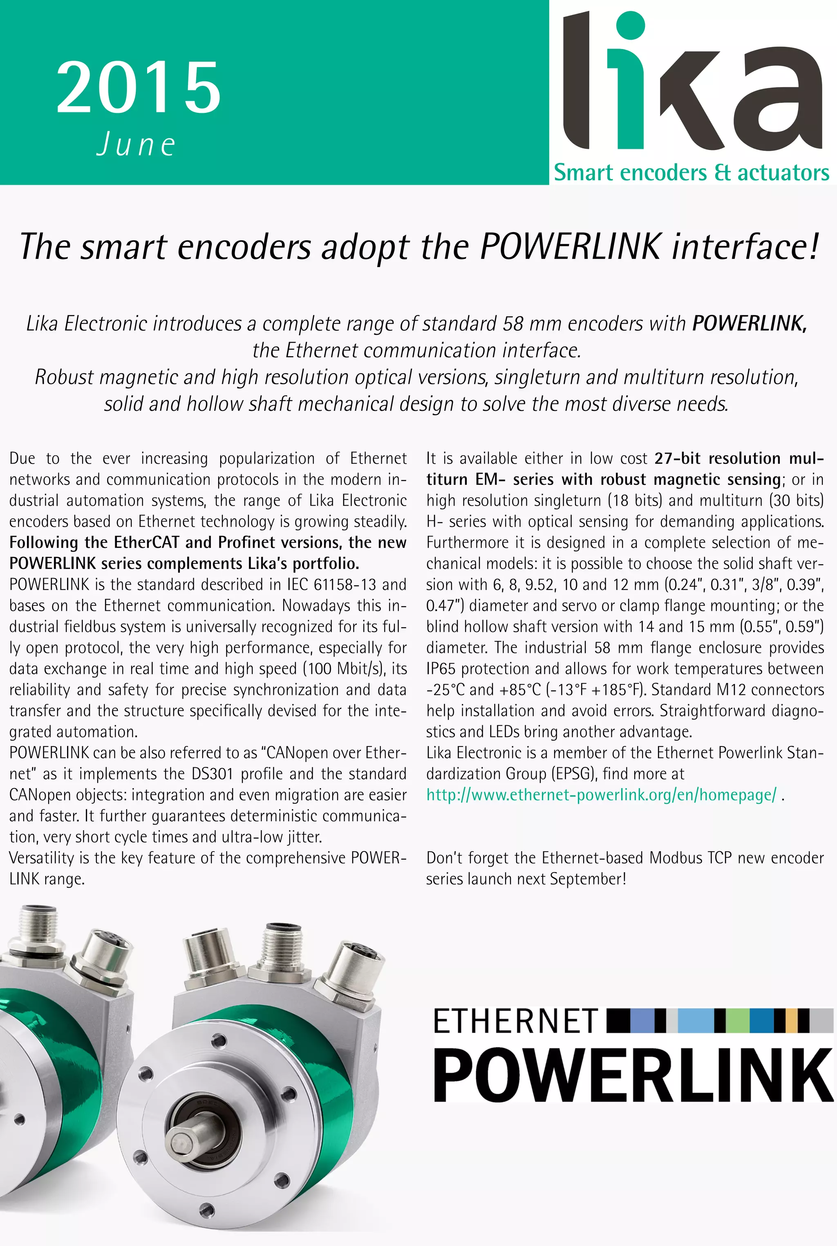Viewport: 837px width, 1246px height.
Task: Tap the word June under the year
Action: tap(136, 145)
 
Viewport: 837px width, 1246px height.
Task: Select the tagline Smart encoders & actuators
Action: tap(691, 173)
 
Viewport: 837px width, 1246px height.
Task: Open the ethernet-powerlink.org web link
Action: tap(601, 795)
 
